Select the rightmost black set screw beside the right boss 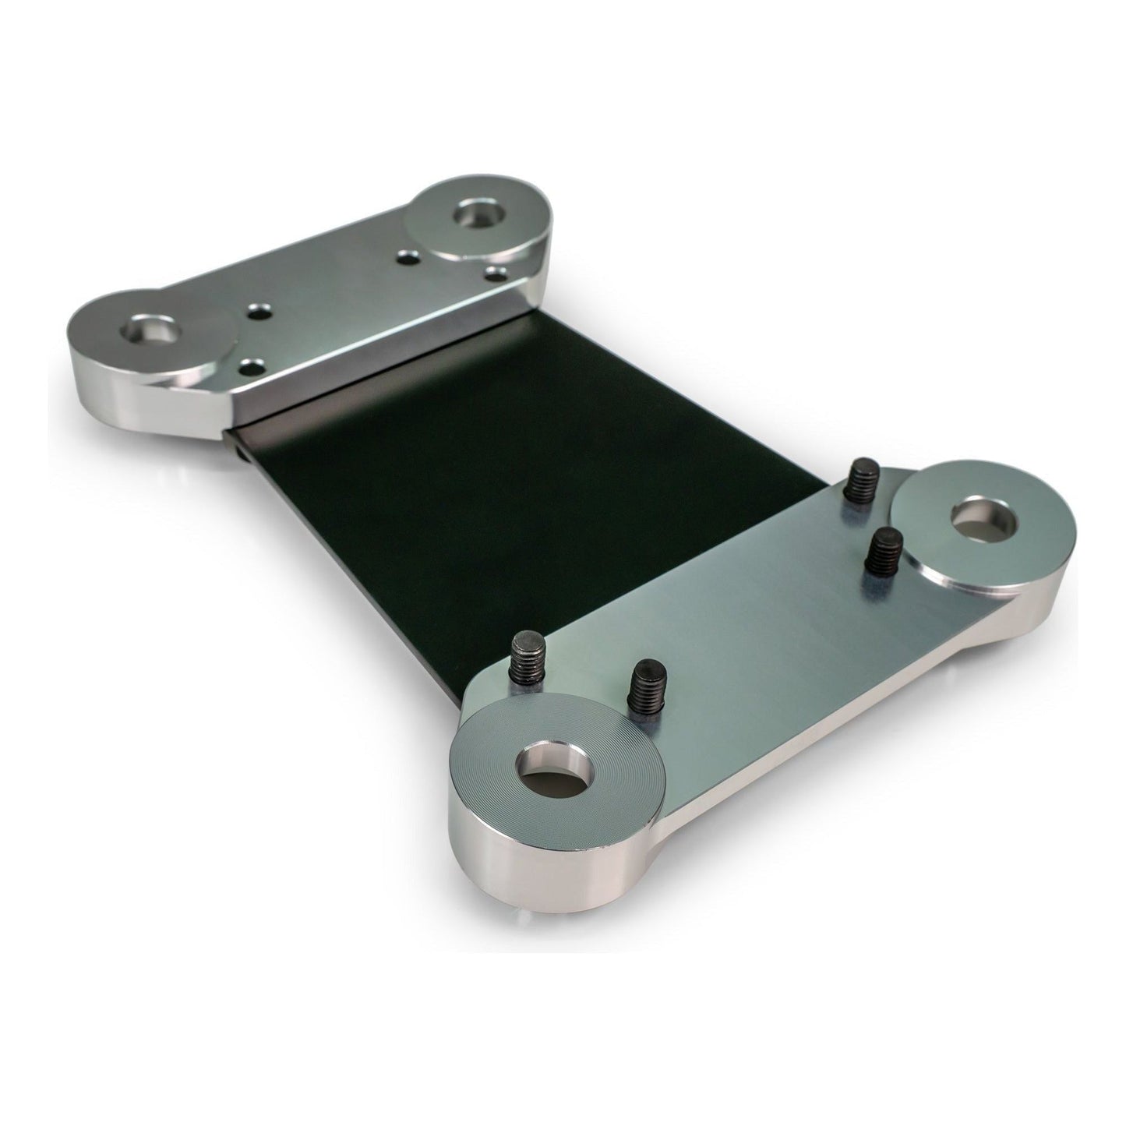coord(884,549)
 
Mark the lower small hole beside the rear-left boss coord(252,365)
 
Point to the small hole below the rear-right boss coord(494,274)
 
